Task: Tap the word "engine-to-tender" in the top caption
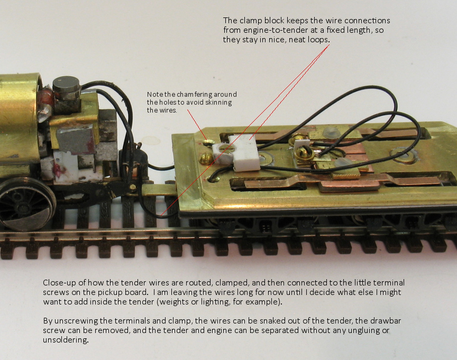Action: tap(276, 30)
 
